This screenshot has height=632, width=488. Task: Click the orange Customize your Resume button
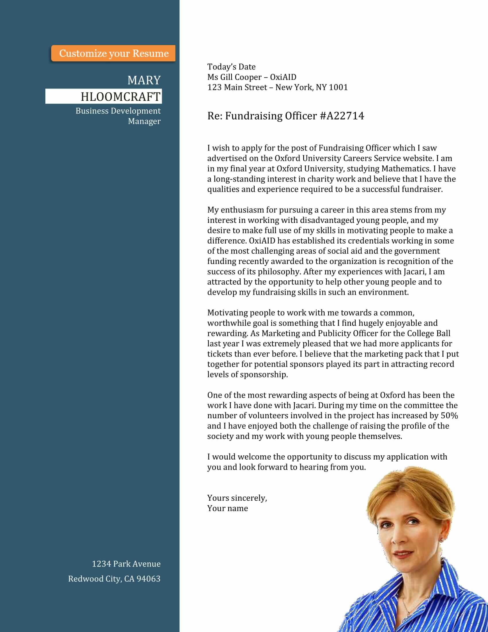click(113, 53)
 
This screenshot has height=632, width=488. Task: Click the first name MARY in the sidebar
click(144, 80)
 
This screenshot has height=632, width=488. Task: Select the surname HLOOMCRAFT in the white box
click(120, 97)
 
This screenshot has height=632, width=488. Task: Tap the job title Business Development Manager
click(118, 116)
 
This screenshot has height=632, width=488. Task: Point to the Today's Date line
click(231, 67)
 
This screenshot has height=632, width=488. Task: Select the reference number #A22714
click(342, 116)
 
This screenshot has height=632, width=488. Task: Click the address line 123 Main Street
click(237, 87)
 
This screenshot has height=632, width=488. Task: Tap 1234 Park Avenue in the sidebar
click(126, 564)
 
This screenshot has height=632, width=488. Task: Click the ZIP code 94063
click(148, 579)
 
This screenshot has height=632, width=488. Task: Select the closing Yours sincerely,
click(237, 498)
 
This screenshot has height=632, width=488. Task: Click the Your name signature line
click(228, 508)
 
